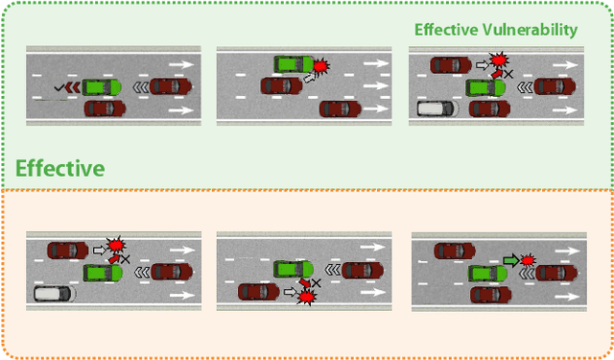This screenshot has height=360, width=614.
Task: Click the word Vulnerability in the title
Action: coord(531,30)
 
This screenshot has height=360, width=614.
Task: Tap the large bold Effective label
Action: coord(59,168)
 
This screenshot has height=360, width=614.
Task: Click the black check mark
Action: coord(59,87)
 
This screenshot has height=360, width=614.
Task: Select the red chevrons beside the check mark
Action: coord(73,87)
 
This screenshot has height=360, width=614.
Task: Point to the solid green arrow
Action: coord(511,260)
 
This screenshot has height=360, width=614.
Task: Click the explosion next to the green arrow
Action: coord(529,260)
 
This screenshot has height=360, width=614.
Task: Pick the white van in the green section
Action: coord(437,108)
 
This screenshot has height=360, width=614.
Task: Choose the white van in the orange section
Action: coord(55,294)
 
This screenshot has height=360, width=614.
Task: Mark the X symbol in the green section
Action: coord(508,74)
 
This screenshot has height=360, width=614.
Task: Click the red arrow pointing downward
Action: coord(305,283)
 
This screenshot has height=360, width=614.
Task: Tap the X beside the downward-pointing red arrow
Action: coord(317,283)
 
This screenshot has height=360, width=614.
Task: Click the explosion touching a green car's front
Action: coord(320,66)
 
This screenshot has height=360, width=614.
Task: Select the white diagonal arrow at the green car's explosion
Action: coord(309,78)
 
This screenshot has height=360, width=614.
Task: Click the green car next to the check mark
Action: coord(102,87)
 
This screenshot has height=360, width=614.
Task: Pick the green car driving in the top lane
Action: coord(294,64)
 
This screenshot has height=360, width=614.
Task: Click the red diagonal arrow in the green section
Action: coord(497,73)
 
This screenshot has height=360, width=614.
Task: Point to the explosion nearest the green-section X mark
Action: coord(499,60)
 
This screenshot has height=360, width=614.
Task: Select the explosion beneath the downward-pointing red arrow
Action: coord(307,297)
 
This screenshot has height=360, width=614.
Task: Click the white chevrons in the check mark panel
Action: coord(141,87)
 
